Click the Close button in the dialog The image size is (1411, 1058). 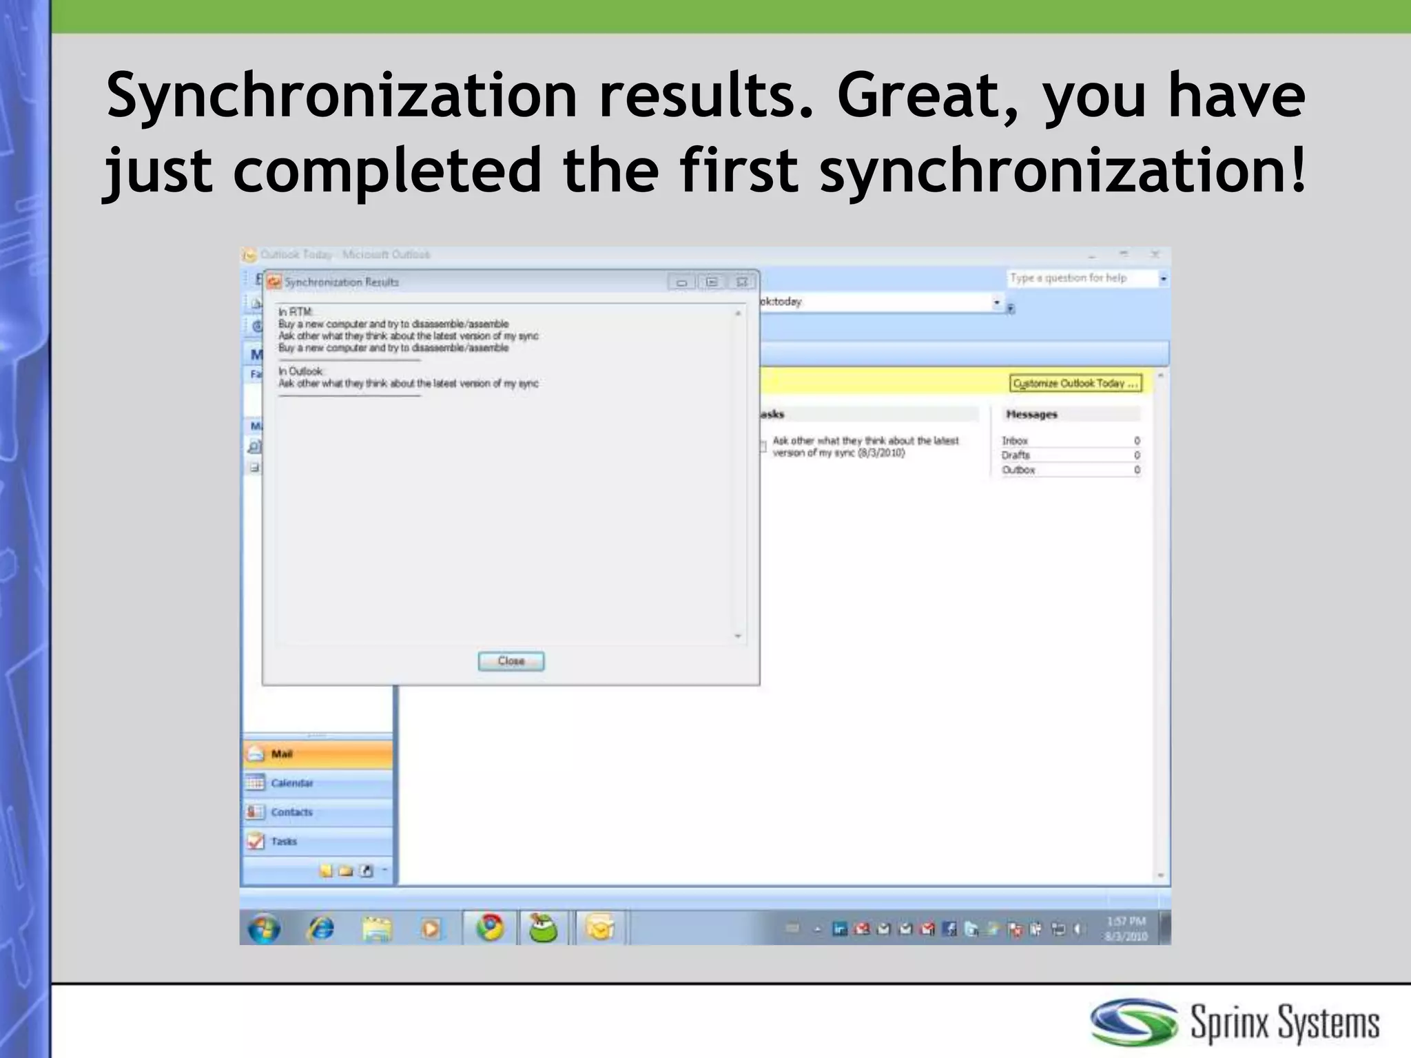(511, 661)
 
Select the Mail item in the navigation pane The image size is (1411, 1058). (282, 754)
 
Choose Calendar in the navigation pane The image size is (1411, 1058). (291, 783)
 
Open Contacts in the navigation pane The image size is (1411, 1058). (291, 812)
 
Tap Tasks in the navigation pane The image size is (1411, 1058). (284, 841)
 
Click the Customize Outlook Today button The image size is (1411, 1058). (1075, 384)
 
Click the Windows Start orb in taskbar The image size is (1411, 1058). (264, 929)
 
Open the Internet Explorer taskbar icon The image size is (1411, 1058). (320, 929)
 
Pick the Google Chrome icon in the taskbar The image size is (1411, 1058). (490, 928)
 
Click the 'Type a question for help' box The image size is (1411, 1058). (1082, 278)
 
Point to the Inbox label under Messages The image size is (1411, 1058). (1015, 441)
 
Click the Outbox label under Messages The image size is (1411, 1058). (1018, 470)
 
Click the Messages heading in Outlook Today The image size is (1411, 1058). (1031, 415)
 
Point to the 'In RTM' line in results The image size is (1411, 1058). (295, 312)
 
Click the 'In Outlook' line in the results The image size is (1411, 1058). (300, 371)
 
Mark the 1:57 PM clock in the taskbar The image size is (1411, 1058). (1126, 921)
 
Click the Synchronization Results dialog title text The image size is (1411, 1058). (342, 282)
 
